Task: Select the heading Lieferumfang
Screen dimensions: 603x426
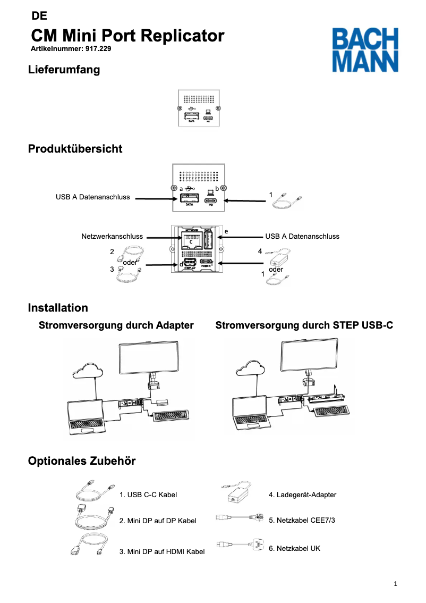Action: [x=64, y=70]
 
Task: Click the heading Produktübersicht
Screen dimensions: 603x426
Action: [x=75, y=149]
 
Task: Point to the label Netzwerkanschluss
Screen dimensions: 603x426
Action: [x=112, y=236]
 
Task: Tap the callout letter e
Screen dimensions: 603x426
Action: [x=226, y=231]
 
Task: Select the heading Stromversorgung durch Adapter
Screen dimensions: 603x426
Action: [x=116, y=325]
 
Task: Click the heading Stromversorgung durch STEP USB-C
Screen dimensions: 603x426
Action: [x=304, y=325]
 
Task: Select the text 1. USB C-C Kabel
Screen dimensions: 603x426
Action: [x=148, y=495]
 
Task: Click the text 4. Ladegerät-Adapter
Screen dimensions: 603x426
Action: [x=302, y=495]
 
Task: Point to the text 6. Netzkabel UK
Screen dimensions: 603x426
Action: [x=294, y=548]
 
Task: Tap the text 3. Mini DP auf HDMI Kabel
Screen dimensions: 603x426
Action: [x=162, y=552]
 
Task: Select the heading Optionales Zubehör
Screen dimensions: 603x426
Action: [x=82, y=461]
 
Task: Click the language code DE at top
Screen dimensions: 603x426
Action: [x=39, y=16]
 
